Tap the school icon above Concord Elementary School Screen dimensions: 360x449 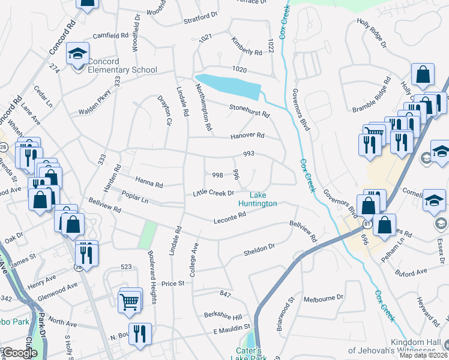point(77,55)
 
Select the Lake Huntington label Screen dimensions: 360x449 point(263,199)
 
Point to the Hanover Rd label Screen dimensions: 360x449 point(247,136)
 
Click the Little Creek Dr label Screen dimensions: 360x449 point(213,193)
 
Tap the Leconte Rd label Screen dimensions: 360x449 point(230,221)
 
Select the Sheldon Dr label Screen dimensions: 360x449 point(259,247)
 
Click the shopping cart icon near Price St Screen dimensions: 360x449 point(130,302)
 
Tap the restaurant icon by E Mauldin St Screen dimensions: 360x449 point(140,334)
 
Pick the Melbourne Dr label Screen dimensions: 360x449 point(323,298)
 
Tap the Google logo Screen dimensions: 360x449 point(20,353)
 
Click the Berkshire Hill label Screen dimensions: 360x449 point(222,316)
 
